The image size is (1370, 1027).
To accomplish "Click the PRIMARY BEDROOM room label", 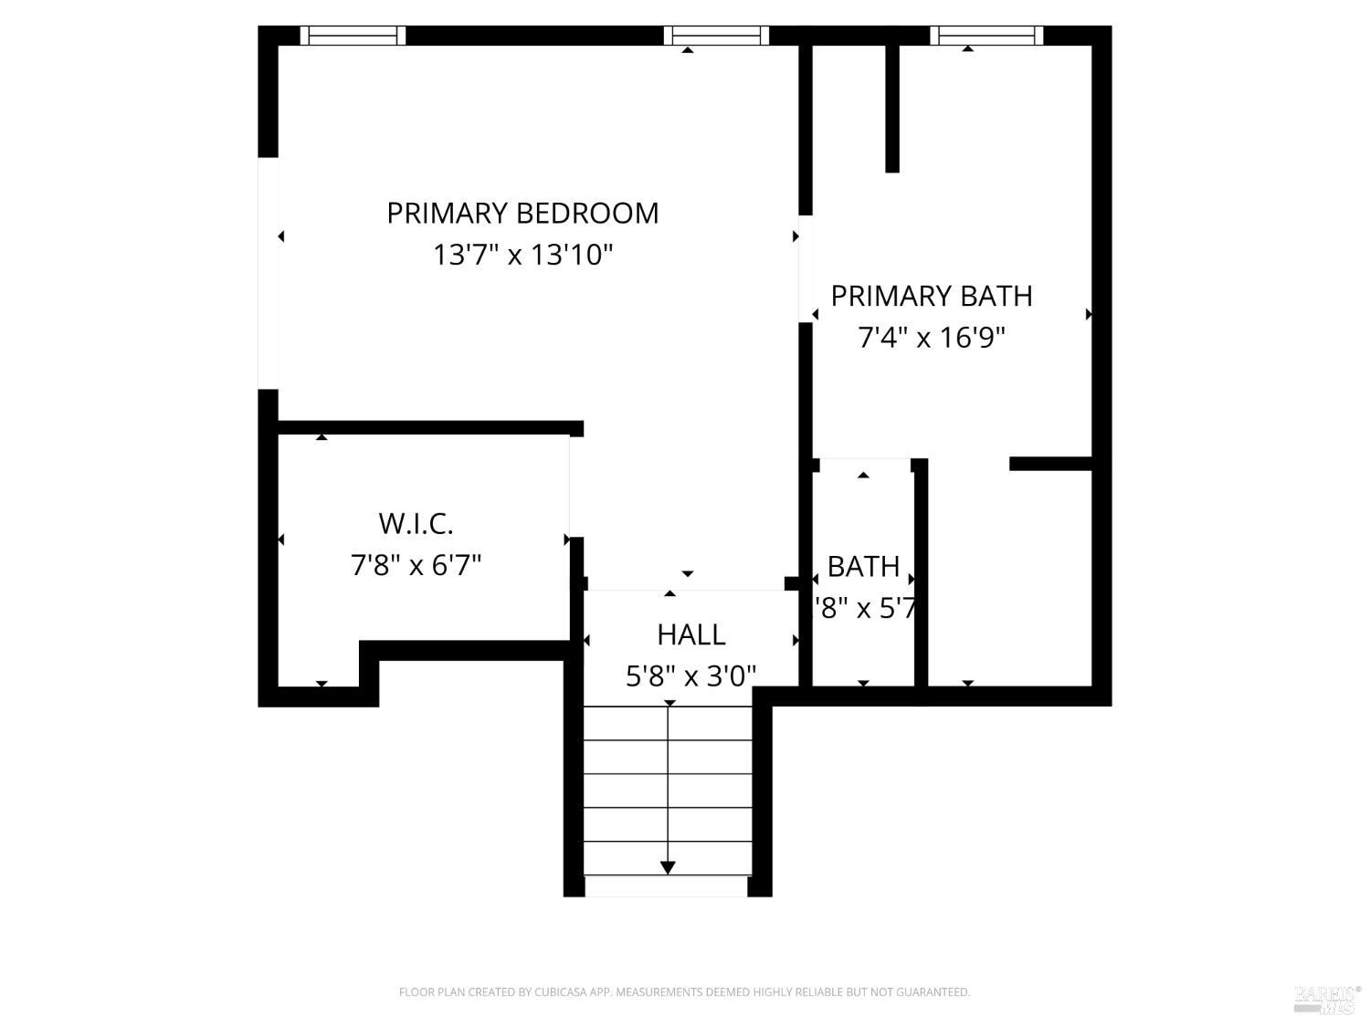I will pyautogui.click(x=522, y=213).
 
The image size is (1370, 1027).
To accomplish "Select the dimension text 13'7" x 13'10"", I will pyautogui.click(x=522, y=255).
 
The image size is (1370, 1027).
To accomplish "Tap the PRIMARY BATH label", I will pyautogui.click(x=932, y=296).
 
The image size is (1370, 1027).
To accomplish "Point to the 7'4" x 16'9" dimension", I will pyautogui.click(x=932, y=338).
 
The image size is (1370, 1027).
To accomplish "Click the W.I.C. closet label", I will pyautogui.click(x=416, y=524).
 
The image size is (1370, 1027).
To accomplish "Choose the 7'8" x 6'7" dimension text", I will pyautogui.click(x=416, y=566).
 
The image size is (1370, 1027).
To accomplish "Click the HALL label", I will pyautogui.click(x=691, y=634).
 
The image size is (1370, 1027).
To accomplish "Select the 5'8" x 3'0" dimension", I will pyautogui.click(x=691, y=676).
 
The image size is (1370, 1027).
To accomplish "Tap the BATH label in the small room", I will pyautogui.click(x=863, y=567).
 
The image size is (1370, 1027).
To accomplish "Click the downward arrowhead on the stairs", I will pyautogui.click(x=668, y=866).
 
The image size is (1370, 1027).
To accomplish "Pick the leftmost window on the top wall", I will pyautogui.click(x=353, y=36).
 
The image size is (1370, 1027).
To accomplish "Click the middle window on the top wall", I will pyautogui.click(x=716, y=36).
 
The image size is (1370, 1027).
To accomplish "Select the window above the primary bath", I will pyautogui.click(x=986, y=36).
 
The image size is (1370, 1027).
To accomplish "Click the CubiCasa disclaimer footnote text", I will pyautogui.click(x=684, y=992).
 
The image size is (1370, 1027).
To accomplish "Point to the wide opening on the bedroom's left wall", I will pyautogui.click(x=268, y=273).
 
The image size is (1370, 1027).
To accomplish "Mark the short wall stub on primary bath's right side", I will pyautogui.click(x=1050, y=464).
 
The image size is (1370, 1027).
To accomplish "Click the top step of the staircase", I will pyautogui.click(x=668, y=723).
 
